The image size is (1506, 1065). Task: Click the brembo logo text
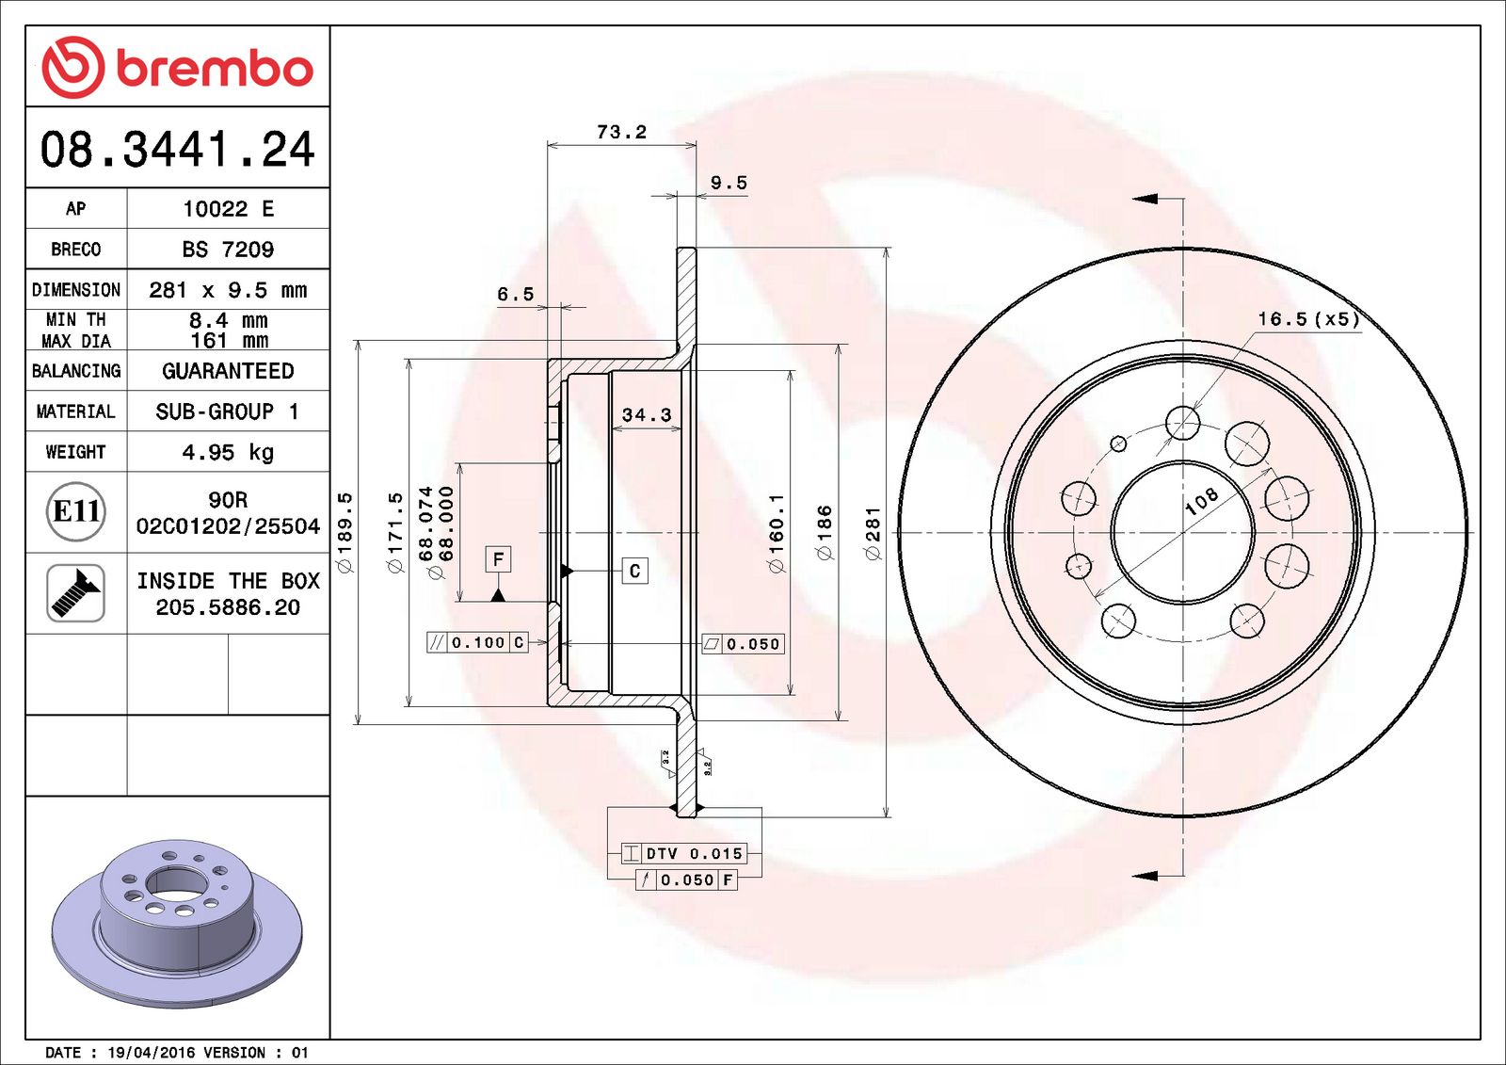coord(214,69)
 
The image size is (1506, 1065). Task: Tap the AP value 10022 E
coord(228,209)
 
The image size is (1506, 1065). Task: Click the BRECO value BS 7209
coord(228,250)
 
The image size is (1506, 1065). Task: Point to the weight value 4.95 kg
coord(228,453)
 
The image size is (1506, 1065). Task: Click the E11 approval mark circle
coord(75,511)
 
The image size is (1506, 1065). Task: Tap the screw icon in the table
coord(75,593)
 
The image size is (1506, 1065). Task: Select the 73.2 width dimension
coord(621,132)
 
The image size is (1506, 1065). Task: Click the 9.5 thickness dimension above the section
coord(729,183)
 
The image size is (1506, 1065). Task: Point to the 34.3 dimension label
coord(647,415)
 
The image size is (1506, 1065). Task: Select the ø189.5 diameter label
coord(344,532)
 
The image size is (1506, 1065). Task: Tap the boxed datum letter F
coord(498,559)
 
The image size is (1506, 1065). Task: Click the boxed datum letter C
coord(634,571)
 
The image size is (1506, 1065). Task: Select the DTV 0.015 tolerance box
coord(685,853)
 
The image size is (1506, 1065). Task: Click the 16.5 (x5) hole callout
coord(1308,319)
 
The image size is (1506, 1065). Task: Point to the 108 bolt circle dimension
coord(1202,501)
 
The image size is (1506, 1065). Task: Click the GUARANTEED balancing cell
coord(228,371)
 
